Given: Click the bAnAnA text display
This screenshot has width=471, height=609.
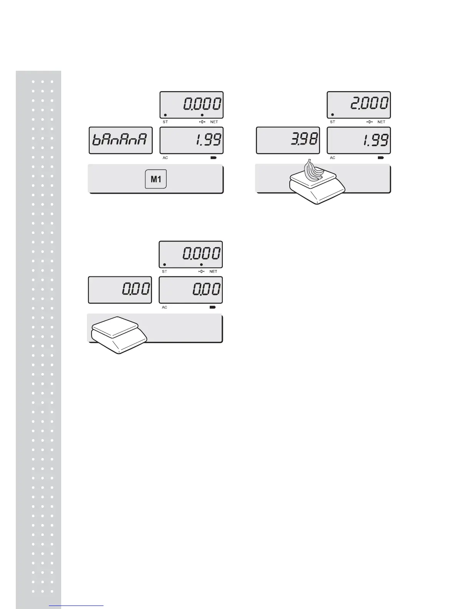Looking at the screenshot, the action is click(120, 140).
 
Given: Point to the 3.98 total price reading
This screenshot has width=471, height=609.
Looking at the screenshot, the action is click(304, 140).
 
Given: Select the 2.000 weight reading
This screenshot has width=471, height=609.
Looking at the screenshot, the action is click(369, 104).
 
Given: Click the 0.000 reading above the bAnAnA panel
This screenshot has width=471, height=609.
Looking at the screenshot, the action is click(202, 104).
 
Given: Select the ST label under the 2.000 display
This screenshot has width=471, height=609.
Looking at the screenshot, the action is click(332, 122).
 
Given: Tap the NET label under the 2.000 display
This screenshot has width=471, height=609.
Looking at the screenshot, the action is click(381, 122).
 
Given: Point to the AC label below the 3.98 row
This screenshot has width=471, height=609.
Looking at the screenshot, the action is click(332, 158).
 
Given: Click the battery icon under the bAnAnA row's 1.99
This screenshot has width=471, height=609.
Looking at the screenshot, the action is click(213, 158).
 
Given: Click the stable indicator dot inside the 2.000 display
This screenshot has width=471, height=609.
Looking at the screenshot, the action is click(332, 115).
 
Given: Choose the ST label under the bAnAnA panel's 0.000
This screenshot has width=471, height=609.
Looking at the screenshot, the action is click(165, 122).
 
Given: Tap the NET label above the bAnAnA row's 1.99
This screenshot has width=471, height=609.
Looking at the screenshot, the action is click(214, 122).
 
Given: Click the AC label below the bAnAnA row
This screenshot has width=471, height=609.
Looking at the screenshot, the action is click(165, 158).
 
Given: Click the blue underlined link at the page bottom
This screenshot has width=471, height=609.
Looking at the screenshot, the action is click(77, 606).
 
